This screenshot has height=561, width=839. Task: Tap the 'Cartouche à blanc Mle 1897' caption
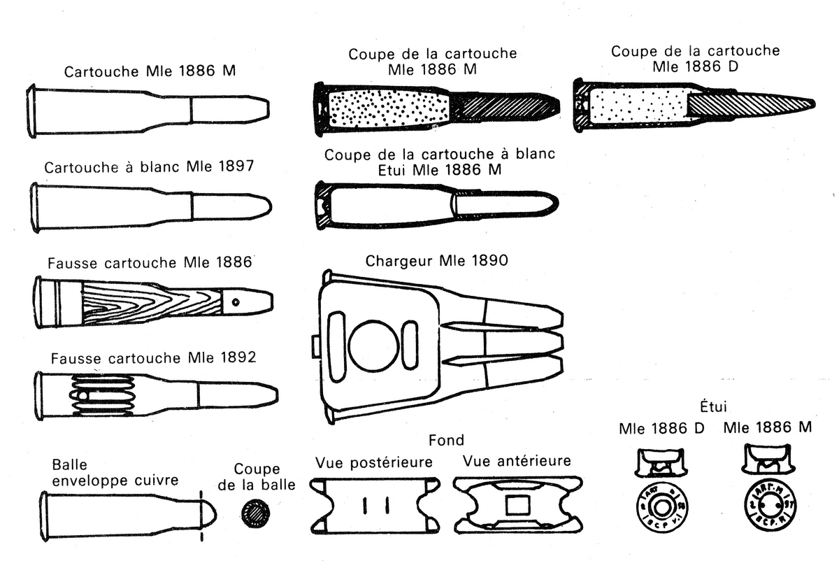148,168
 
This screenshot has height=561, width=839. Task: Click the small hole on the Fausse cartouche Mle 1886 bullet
236,302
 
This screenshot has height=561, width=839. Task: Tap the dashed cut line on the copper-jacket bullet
202,515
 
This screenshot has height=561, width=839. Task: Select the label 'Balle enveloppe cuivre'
115,473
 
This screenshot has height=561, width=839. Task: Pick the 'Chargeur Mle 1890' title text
436,261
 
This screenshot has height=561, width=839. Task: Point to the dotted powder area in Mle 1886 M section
388,108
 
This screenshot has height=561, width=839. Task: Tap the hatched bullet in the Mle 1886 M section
503,107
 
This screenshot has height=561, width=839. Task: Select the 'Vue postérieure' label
373,462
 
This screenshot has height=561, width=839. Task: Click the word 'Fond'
446,440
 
